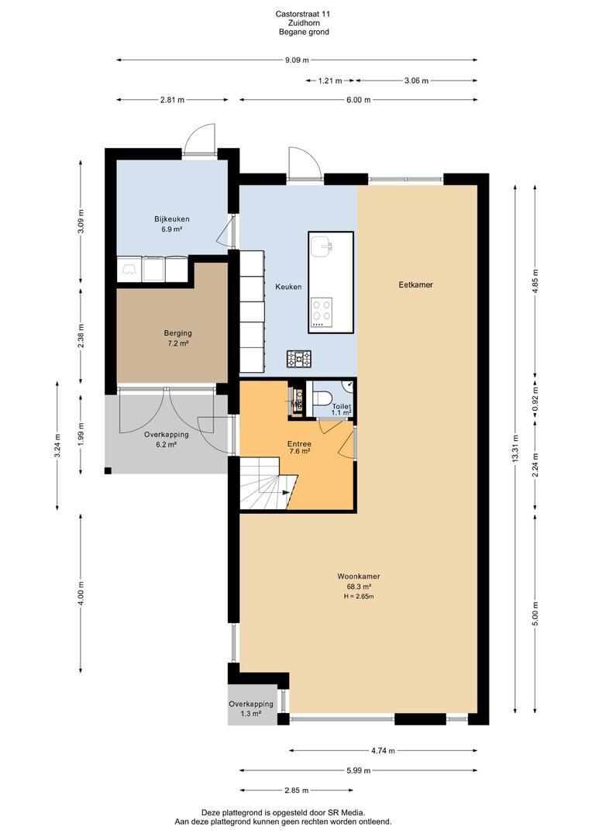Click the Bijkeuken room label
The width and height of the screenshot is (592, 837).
pos(172,219)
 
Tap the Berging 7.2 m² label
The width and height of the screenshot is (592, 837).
pos(177,339)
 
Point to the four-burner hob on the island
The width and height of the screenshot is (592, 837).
pos(322,312)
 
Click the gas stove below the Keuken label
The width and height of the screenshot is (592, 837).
pos(299,359)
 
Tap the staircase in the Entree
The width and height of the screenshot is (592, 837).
pos(267,484)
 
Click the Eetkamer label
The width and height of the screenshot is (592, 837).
pos(416,284)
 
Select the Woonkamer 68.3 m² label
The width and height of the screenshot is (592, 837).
pos(359,581)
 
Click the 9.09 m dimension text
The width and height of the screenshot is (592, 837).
pos(297,60)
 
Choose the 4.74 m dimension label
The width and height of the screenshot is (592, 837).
pos(384,750)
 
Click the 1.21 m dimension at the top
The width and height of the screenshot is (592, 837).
pos(330,81)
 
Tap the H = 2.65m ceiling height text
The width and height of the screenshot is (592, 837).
pos(359,596)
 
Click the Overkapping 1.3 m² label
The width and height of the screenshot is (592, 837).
pos(251,708)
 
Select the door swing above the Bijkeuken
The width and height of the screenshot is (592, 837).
pos(199,139)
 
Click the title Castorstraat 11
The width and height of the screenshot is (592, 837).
pos(303,14)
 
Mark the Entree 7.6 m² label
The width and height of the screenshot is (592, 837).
pos(299,447)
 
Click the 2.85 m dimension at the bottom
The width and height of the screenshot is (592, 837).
pos(296,790)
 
